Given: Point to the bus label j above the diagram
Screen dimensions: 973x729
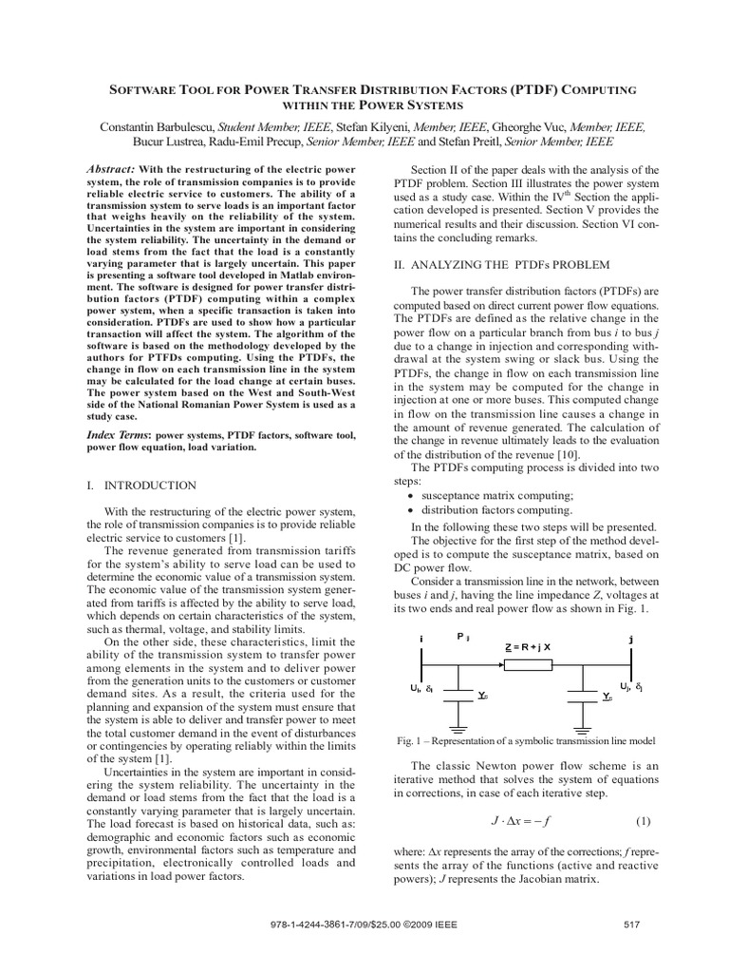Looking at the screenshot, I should tap(630, 639).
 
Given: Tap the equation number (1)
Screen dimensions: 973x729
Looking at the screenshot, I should tap(642, 820).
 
